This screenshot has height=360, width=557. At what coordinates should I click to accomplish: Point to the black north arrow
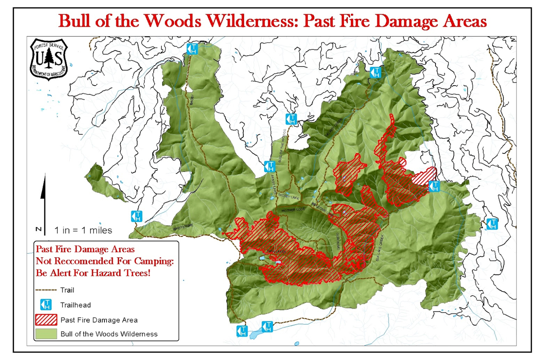[x=43, y=198]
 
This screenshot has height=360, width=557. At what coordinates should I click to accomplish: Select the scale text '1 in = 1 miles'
[x=83, y=230]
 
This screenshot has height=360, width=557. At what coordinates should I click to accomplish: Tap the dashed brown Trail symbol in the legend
[x=46, y=290]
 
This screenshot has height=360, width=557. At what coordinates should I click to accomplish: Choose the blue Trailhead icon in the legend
[x=46, y=304]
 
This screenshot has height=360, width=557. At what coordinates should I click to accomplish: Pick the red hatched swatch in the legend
[x=46, y=320]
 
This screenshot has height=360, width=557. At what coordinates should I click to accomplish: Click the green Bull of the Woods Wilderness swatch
[x=46, y=334]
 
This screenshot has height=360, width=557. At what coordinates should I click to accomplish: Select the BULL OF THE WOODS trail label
[x=282, y=146]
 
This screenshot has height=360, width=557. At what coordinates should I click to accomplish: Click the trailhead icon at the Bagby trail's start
[x=192, y=49]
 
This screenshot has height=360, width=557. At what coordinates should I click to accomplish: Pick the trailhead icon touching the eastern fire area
[x=434, y=186]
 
